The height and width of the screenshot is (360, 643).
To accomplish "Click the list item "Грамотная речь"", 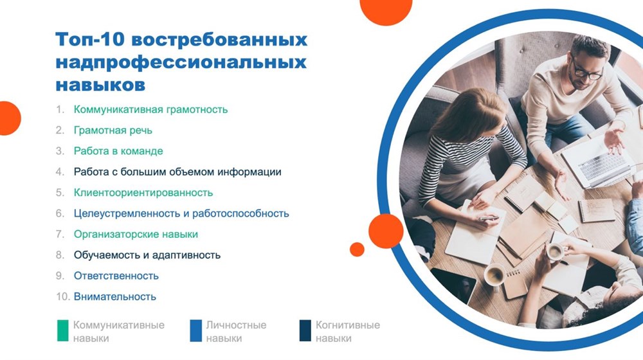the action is point(113,130).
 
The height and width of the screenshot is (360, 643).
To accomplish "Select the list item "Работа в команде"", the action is point(118,151).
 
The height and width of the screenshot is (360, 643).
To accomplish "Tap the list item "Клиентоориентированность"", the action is point(143,193).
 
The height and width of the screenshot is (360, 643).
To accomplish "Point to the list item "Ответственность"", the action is point(116,276).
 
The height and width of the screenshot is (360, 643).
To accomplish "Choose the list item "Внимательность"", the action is point(115,296).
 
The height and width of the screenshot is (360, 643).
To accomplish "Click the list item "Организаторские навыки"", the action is point(136,235).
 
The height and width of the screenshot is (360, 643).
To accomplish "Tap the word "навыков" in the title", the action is point(100,85).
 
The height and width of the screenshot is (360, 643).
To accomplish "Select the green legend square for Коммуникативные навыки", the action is point(63,330).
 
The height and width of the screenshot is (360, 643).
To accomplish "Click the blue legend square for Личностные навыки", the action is point(196,330).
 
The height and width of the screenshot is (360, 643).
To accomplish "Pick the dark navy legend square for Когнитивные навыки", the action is point(305,330).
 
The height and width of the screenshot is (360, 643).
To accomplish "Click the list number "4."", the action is point(60,172).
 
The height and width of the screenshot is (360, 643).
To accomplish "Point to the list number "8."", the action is point(60,255).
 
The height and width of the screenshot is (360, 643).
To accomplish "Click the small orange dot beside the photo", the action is point(357,249).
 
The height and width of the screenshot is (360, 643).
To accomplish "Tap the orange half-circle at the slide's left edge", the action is point(9,118).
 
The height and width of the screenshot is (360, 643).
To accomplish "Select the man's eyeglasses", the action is point(588,71).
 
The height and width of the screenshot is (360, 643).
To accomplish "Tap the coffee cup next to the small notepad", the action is point(494,275).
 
